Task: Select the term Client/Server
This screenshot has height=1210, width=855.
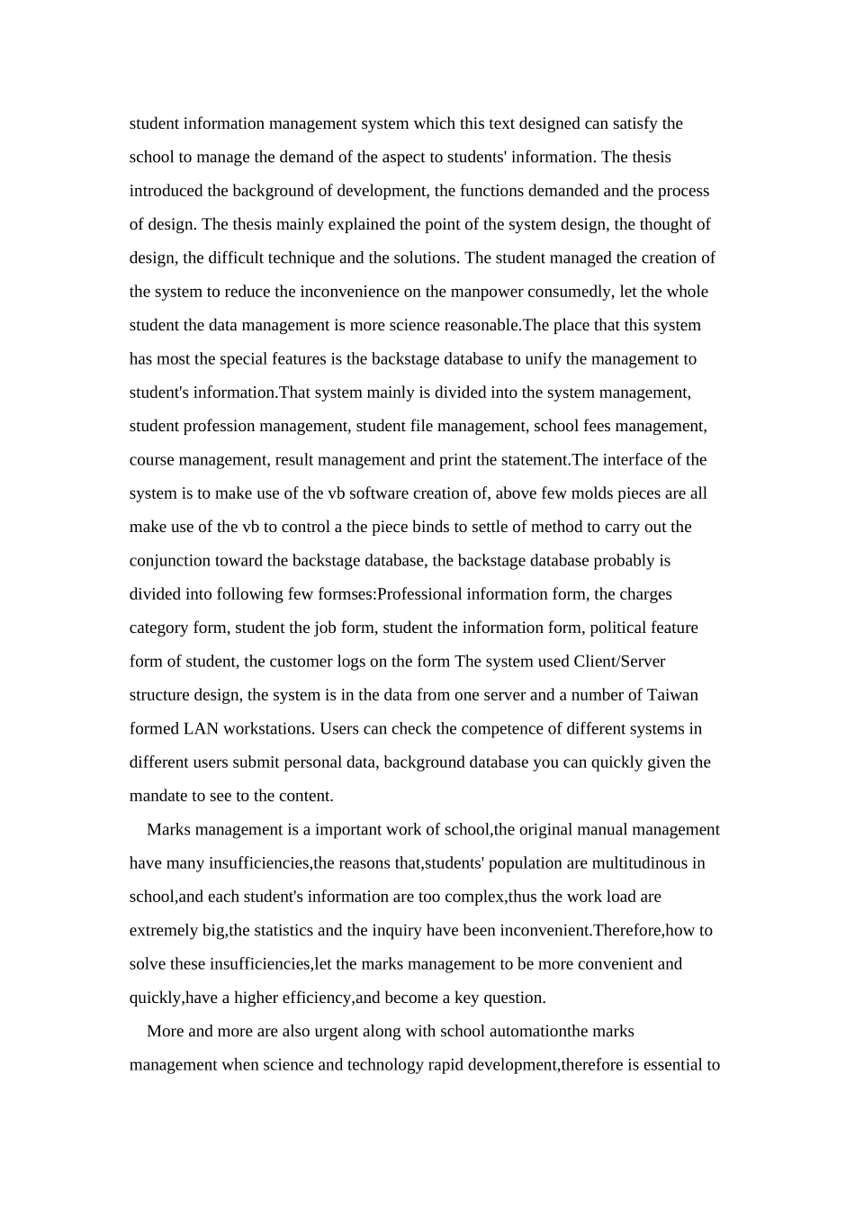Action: [618, 662]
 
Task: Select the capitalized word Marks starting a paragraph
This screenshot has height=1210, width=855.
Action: [168, 829]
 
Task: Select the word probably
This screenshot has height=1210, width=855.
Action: [623, 561]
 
